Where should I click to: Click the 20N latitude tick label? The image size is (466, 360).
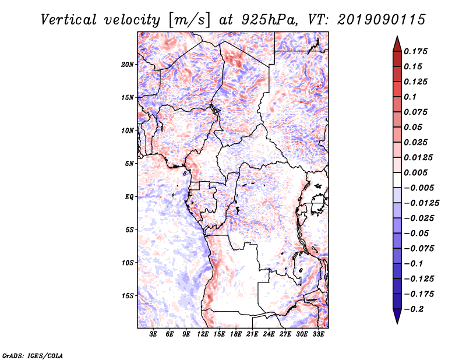(x=128, y=64)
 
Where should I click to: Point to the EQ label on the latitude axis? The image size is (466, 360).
(x=129, y=196)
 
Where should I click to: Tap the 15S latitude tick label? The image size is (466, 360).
(x=128, y=295)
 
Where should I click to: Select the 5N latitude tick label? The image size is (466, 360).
(x=129, y=163)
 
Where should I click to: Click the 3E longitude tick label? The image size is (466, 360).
(x=154, y=334)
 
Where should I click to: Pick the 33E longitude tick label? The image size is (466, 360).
(x=318, y=334)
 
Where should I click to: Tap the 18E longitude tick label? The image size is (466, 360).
(x=236, y=334)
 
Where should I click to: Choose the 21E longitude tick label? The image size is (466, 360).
(x=252, y=334)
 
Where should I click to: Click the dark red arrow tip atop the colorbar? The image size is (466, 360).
(x=397, y=41)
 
